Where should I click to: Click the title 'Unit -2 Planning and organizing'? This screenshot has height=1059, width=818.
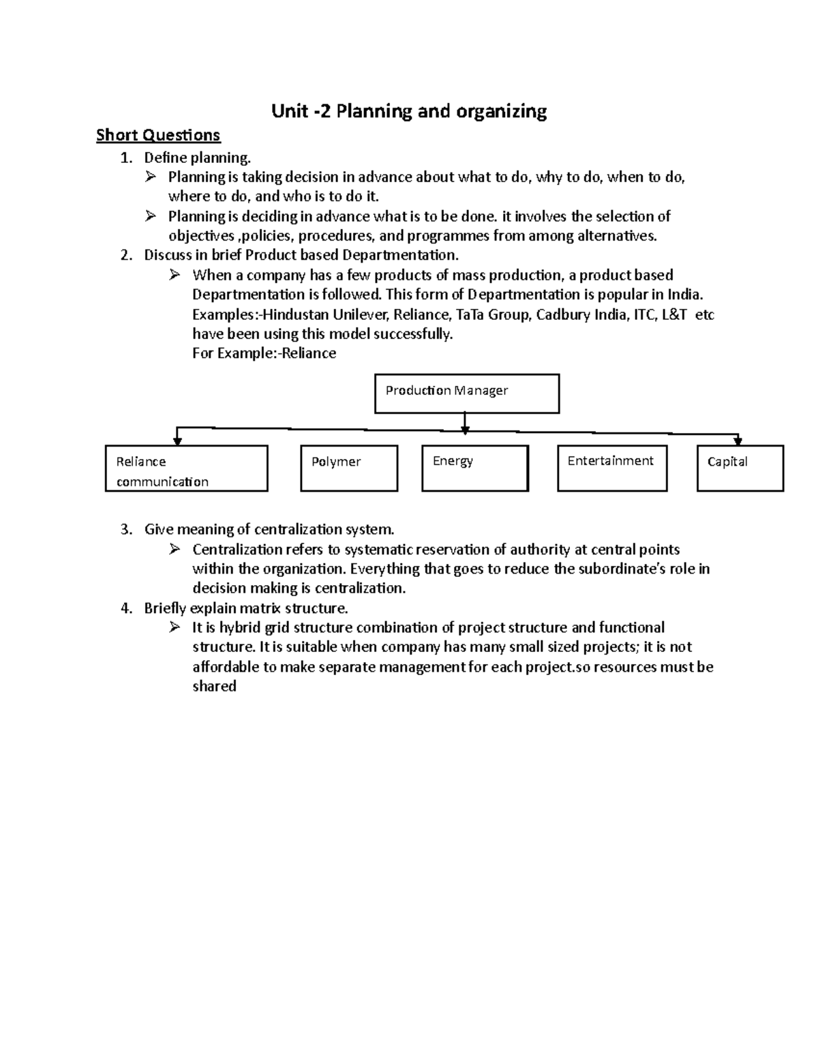pyautogui.click(x=409, y=111)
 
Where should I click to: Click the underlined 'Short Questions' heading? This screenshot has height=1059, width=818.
pyautogui.click(x=158, y=135)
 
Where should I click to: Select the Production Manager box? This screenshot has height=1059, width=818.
pyautogui.click(x=467, y=393)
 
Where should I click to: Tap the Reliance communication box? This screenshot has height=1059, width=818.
pyautogui.click(x=186, y=468)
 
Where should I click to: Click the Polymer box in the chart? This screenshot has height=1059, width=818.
pyautogui.click(x=349, y=468)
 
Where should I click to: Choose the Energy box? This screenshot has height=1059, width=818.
pyautogui.click(x=475, y=468)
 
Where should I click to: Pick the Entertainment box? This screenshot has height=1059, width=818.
pyautogui.click(x=611, y=468)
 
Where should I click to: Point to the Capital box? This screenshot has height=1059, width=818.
pyautogui.click(x=740, y=468)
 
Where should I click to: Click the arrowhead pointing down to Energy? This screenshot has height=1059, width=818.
pyautogui.click(x=465, y=430)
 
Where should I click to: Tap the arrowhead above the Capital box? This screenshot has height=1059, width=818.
pyautogui.click(x=738, y=441)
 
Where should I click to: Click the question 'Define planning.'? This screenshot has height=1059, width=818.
pyautogui.click(x=198, y=158)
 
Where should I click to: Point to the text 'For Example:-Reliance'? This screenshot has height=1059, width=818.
pyautogui.click(x=264, y=353)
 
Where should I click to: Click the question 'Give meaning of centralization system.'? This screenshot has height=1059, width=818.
pyautogui.click(x=269, y=530)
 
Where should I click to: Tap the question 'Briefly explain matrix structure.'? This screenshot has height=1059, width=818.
pyautogui.click(x=246, y=608)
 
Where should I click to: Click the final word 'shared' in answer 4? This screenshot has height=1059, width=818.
pyautogui.click(x=214, y=687)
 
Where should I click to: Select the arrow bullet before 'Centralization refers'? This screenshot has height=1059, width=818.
pyautogui.click(x=175, y=549)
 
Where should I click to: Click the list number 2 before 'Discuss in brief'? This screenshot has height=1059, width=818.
pyautogui.click(x=125, y=256)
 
